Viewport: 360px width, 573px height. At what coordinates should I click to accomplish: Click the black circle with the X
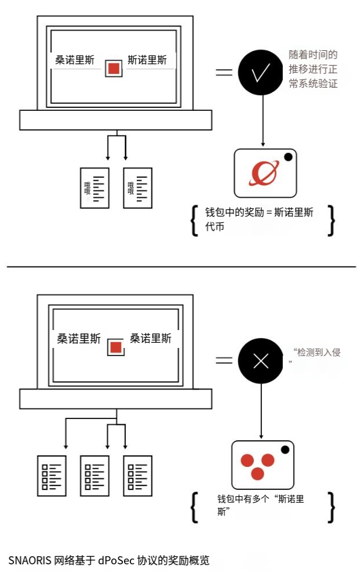coord(261,361)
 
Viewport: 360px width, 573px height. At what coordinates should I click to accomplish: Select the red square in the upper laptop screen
coord(114,68)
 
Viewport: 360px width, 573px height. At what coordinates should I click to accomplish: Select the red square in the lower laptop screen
coord(116,347)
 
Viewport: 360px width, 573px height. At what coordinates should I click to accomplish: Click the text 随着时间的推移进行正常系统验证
coord(313,69)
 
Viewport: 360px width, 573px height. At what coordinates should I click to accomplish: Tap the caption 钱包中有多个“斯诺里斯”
coord(260,505)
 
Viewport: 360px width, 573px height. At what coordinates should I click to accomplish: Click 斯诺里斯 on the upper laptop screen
coord(148,60)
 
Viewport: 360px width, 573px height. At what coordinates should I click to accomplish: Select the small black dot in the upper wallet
coord(288,156)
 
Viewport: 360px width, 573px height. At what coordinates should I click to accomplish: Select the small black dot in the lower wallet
coord(284,450)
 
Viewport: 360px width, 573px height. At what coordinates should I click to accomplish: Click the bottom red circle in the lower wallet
coord(257,474)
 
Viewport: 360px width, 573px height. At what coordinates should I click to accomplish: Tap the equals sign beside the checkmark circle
coord(224,73)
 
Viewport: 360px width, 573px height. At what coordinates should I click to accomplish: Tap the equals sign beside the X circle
coord(224,361)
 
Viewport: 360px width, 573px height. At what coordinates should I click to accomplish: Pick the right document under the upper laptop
coord(137,188)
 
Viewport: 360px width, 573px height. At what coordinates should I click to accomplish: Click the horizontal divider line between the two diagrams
coord(180,267)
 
